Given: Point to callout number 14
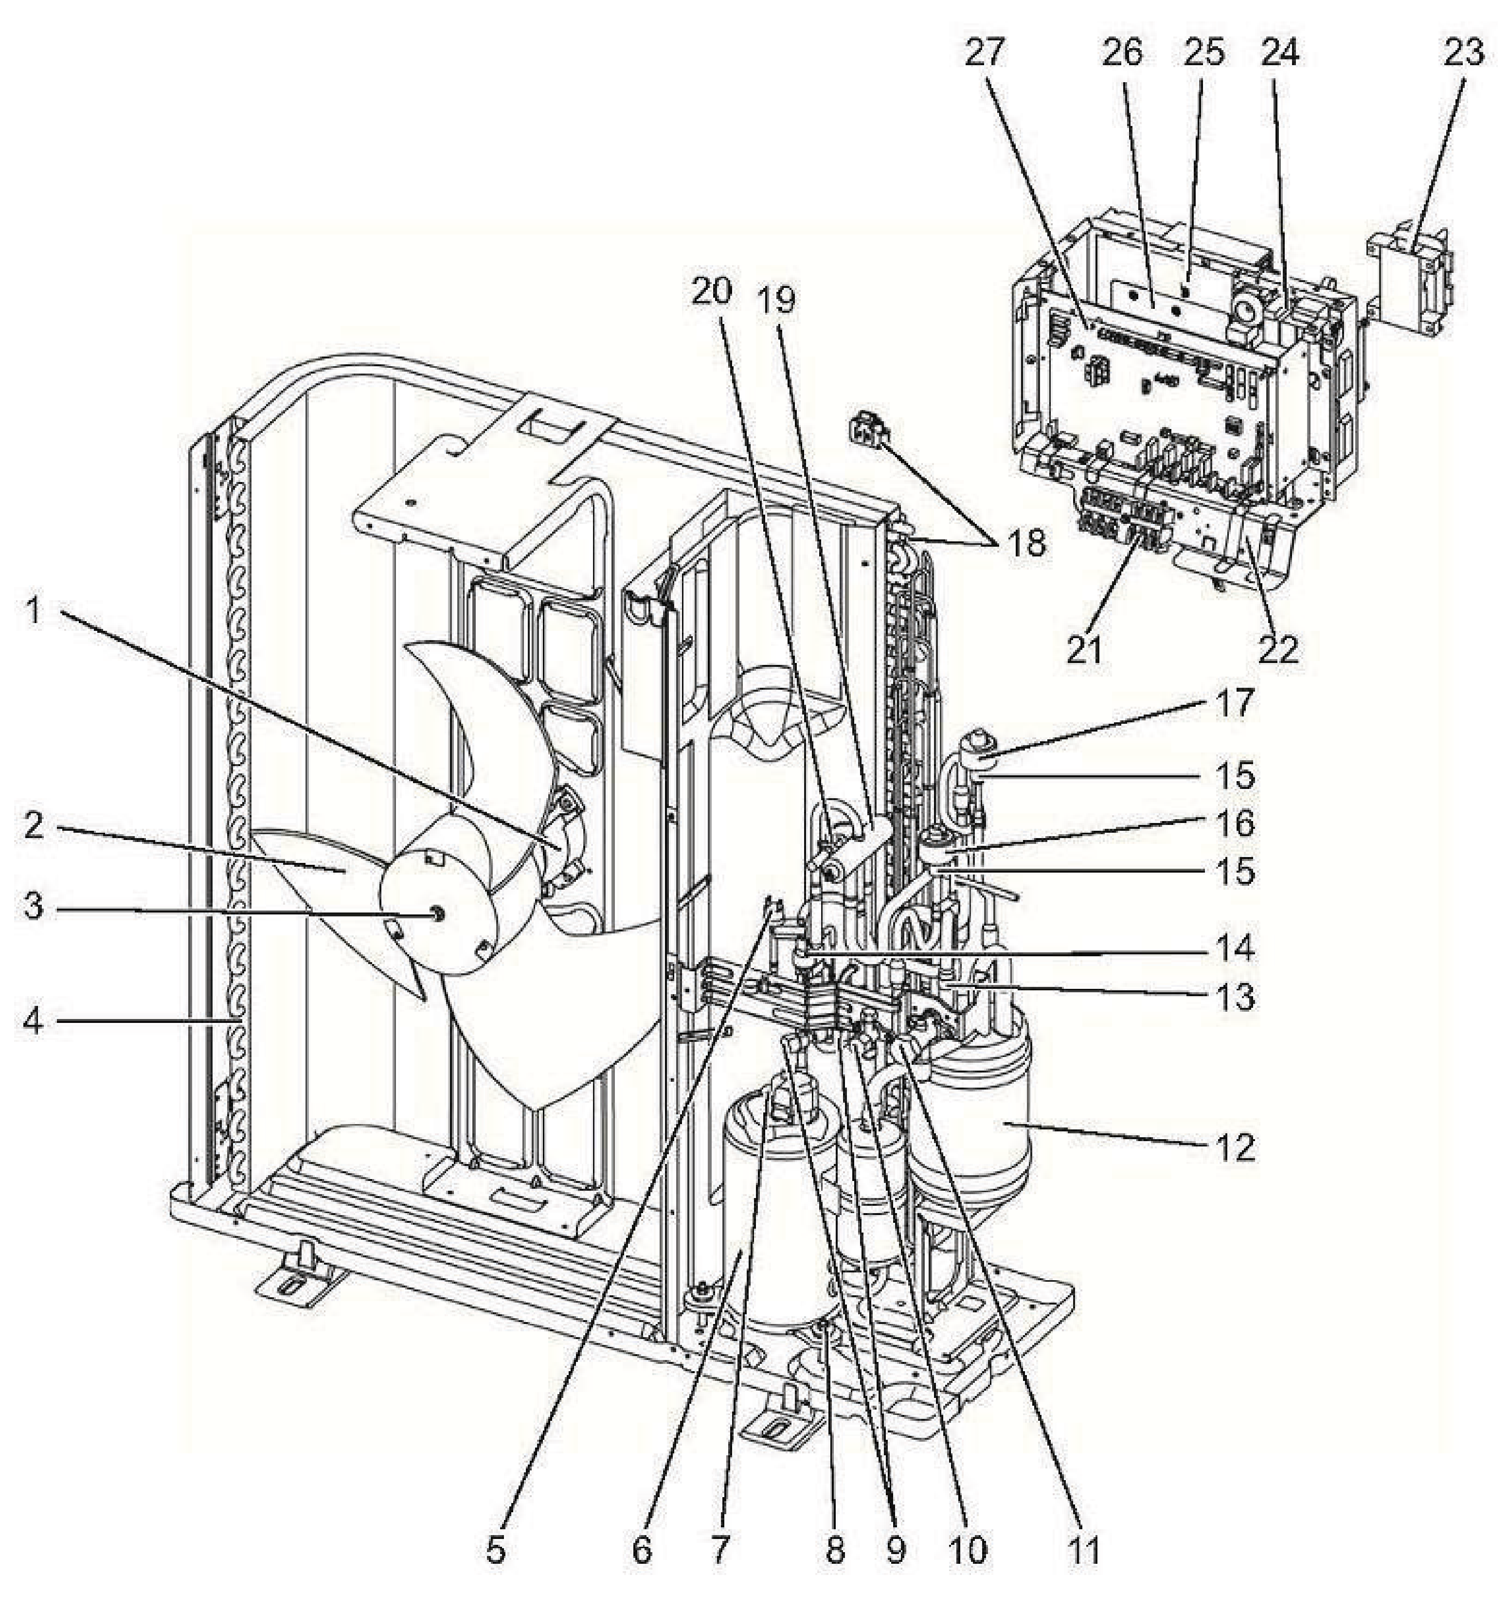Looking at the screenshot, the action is [1234, 948].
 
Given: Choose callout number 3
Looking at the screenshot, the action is [33, 907].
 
